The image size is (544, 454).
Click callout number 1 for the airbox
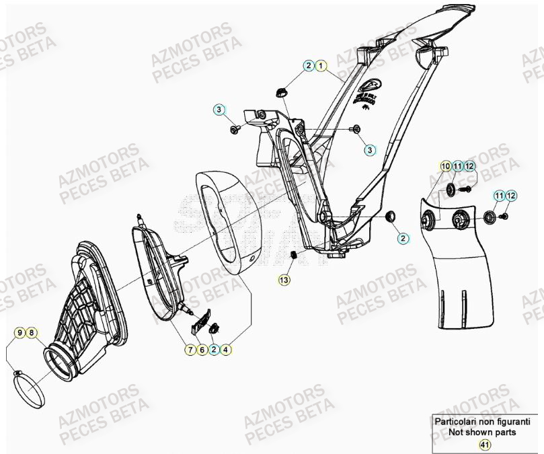click(x=321, y=66)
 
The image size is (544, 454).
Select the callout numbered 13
click(x=284, y=279)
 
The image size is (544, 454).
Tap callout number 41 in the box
click(x=484, y=444)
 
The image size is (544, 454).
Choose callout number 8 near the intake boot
click(x=32, y=333)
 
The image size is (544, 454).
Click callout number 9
click(x=20, y=333)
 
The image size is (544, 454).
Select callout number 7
click(x=191, y=350)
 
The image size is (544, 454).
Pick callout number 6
click(x=202, y=350)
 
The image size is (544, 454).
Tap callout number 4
click(x=225, y=350)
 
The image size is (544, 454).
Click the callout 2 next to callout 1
click(x=309, y=66)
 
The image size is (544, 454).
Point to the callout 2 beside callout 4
click(x=214, y=350)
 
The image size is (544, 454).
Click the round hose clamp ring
click(x=30, y=390)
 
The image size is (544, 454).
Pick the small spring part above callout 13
click(x=294, y=255)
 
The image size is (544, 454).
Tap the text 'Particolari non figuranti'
click(x=481, y=422)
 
